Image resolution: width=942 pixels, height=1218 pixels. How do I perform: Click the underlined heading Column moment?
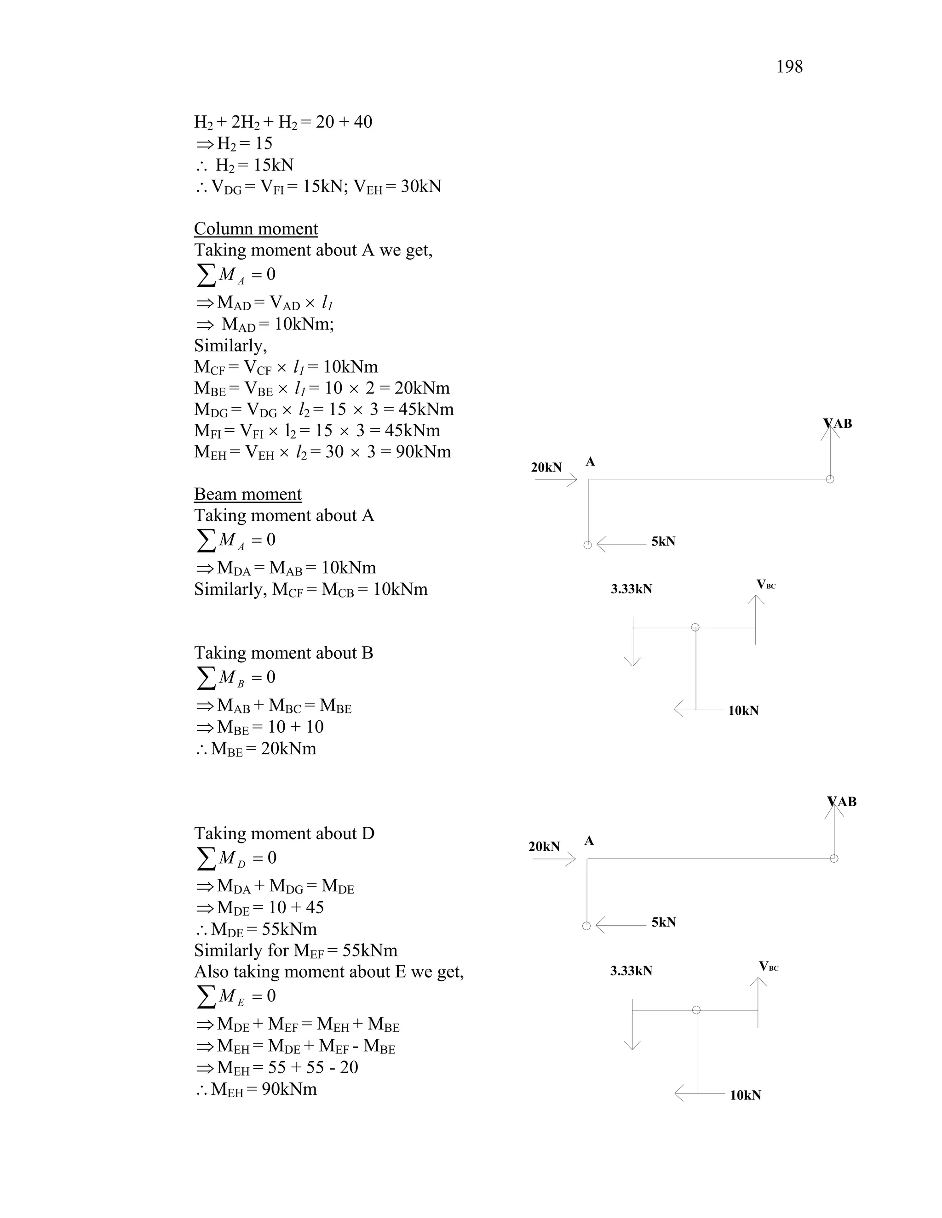click(x=256, y=228)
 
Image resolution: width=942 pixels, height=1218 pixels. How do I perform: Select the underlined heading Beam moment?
click(x=248, y=494)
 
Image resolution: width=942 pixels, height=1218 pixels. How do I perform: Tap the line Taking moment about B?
click(x=283, y=653)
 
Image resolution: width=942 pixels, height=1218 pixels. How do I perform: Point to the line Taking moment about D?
click(x=284, y=833)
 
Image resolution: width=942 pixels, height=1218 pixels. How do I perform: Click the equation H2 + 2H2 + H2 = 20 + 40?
click(x=283, y=122)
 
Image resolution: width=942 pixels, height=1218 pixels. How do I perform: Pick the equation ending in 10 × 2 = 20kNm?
click(x=322, y=388)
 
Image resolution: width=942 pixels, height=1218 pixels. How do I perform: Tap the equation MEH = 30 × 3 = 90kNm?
click(x=322, y=452)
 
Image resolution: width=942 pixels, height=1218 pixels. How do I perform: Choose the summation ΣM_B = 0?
click(x=236, y=677)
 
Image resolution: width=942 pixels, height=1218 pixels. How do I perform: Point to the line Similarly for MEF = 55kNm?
click(x=296, y=951)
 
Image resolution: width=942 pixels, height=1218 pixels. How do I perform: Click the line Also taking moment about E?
click(x=329, y=972)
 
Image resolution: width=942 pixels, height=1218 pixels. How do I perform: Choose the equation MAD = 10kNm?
click(x=264, y=324)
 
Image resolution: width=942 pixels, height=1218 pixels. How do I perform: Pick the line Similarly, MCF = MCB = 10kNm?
click(x=311, y=590)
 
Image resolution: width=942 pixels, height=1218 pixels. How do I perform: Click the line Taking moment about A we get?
click(x=313, y=250)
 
